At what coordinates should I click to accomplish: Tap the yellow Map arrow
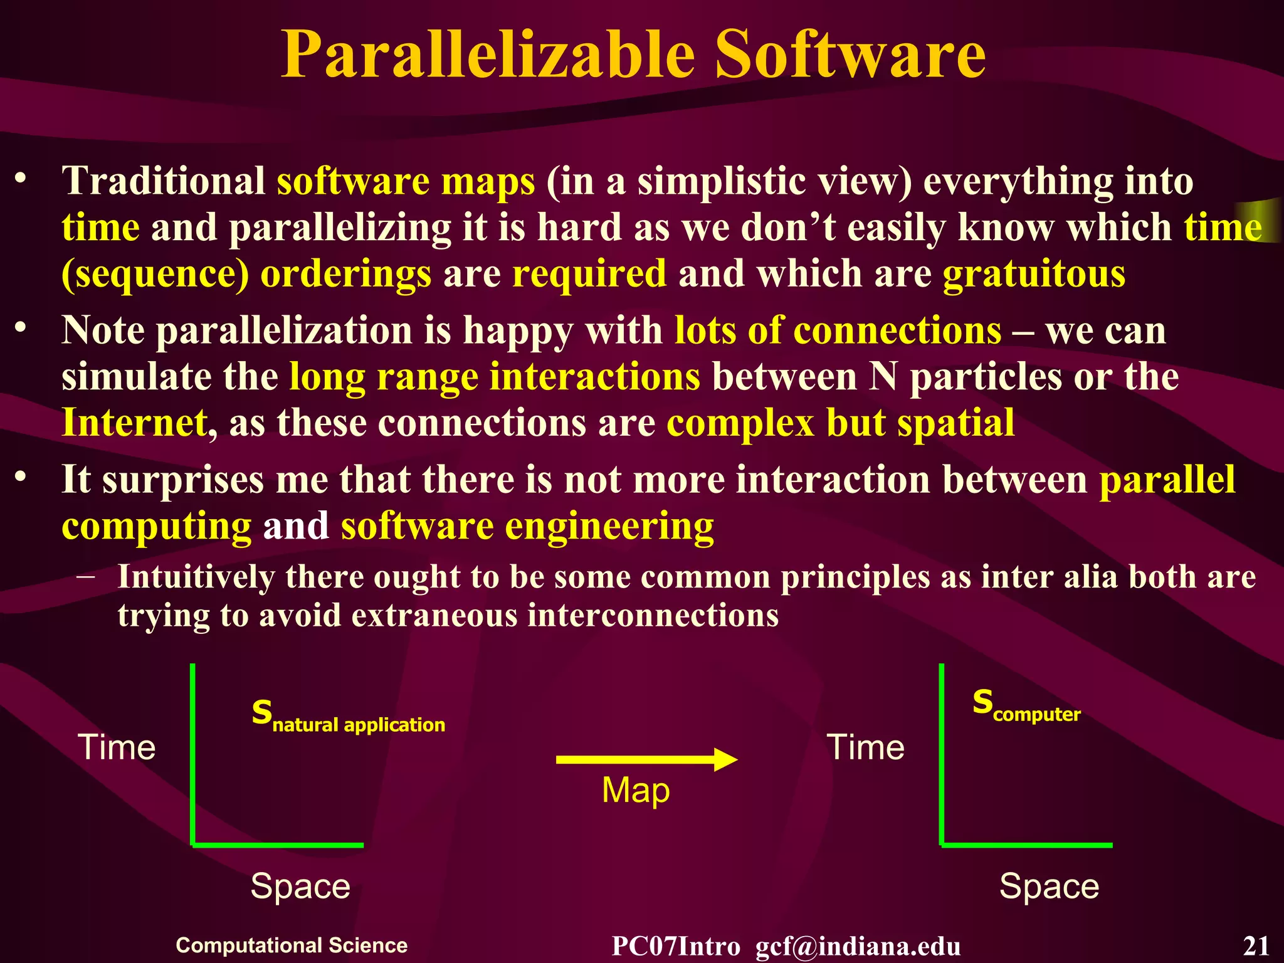pyautogui.click(x=646, y=759)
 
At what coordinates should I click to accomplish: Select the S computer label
pyautogui.click(x=1026, y=705)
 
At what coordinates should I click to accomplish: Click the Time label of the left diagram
pyautogui.click(x=117, y=747)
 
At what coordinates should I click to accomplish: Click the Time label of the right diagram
pyautogui.click(x=866, y=747)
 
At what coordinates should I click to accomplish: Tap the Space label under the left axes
pyautogui.click(x=300, y=887)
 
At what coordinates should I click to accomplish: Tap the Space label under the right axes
pyautogui.click(x=1049, y=887)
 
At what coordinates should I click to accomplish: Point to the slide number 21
pyautogui.click(x=1256, y=945)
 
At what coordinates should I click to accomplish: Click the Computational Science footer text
pyautogui.click(x=292, y=945)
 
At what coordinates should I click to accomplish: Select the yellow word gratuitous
pyautogui.click(x=1034, y=275)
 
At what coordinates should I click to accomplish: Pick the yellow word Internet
pyautogui.click(x=134, y=423)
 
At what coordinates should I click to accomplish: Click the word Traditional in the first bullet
pyautogui.click(x=164, y=181)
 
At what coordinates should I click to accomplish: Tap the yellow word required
pyautogui.click(x=589, y=275)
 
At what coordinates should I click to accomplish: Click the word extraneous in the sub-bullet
pyautogui.click(x=433, y=615)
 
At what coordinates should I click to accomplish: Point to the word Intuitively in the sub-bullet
pyautogui.click(x=196, y=576)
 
